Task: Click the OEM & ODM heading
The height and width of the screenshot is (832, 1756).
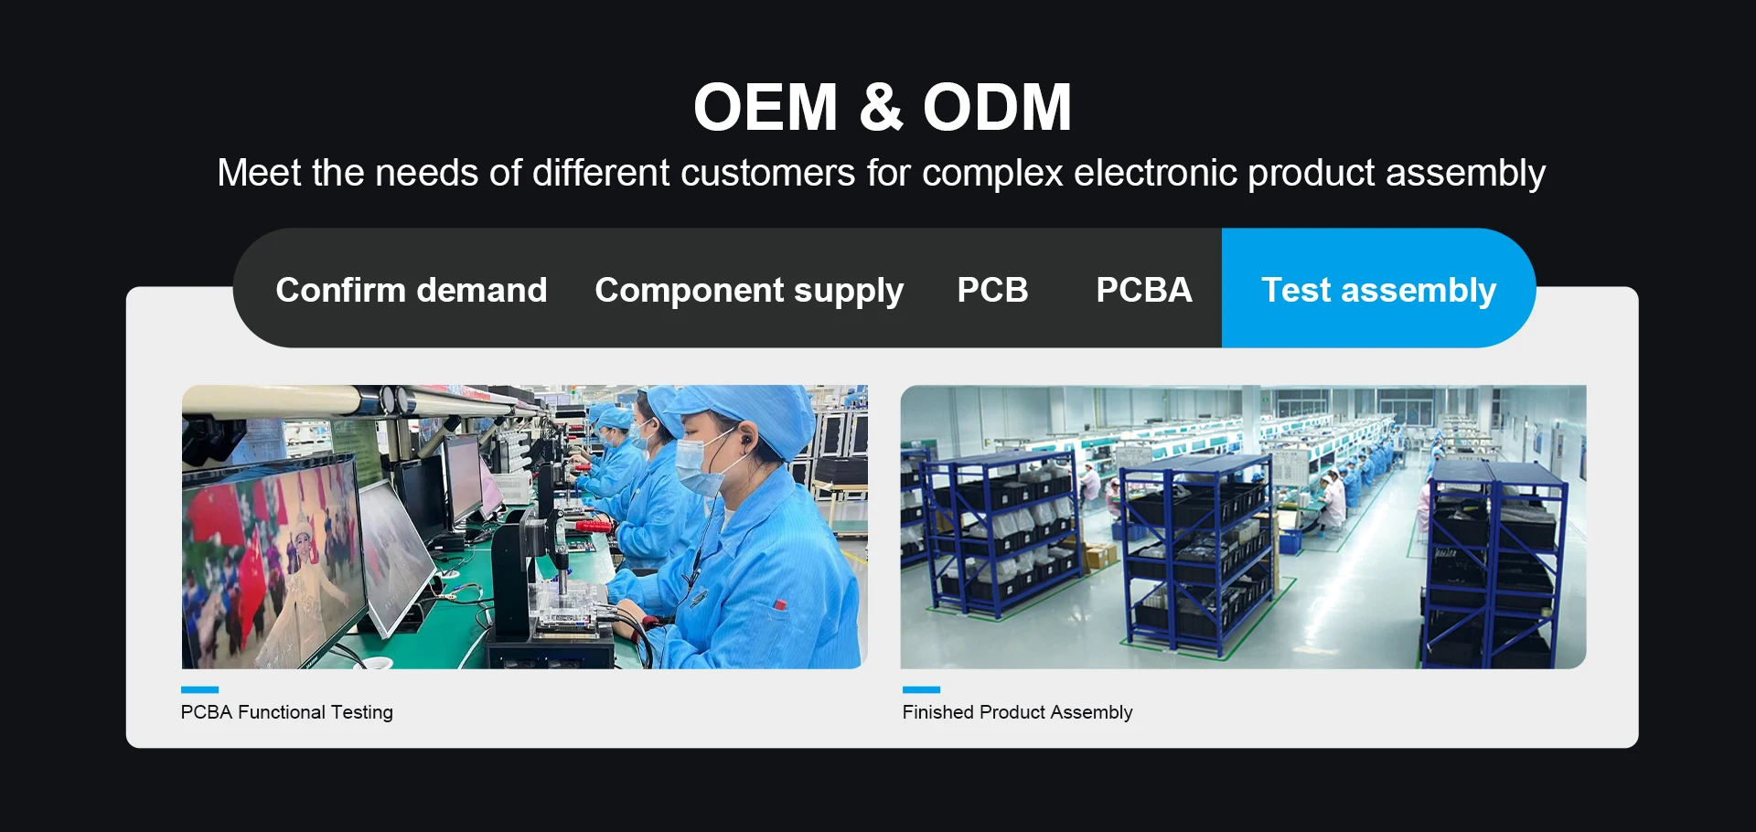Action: click(883, 107)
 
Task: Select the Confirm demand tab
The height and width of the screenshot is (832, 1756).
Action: click(412, 290)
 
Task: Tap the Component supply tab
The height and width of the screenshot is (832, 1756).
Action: click(749, 291)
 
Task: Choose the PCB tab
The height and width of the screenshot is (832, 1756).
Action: click(992, 290)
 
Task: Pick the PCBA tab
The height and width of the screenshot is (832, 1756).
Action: click(1144, 290)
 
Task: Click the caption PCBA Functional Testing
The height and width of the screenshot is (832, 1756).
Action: click(287, 712)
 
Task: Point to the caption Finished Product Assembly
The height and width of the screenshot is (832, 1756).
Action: click(1017, 712)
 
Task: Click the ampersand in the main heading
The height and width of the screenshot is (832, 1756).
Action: click(881, 107)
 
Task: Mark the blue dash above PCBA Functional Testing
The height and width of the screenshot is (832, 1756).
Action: click(200, 689)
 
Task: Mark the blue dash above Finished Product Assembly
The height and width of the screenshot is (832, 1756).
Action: click(921, 689)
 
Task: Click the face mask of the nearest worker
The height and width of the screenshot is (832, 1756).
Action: click(696, 466)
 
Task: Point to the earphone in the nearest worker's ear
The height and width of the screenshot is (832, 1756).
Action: click(745, 441)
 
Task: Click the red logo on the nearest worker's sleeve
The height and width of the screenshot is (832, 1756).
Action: click(779, 604)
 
